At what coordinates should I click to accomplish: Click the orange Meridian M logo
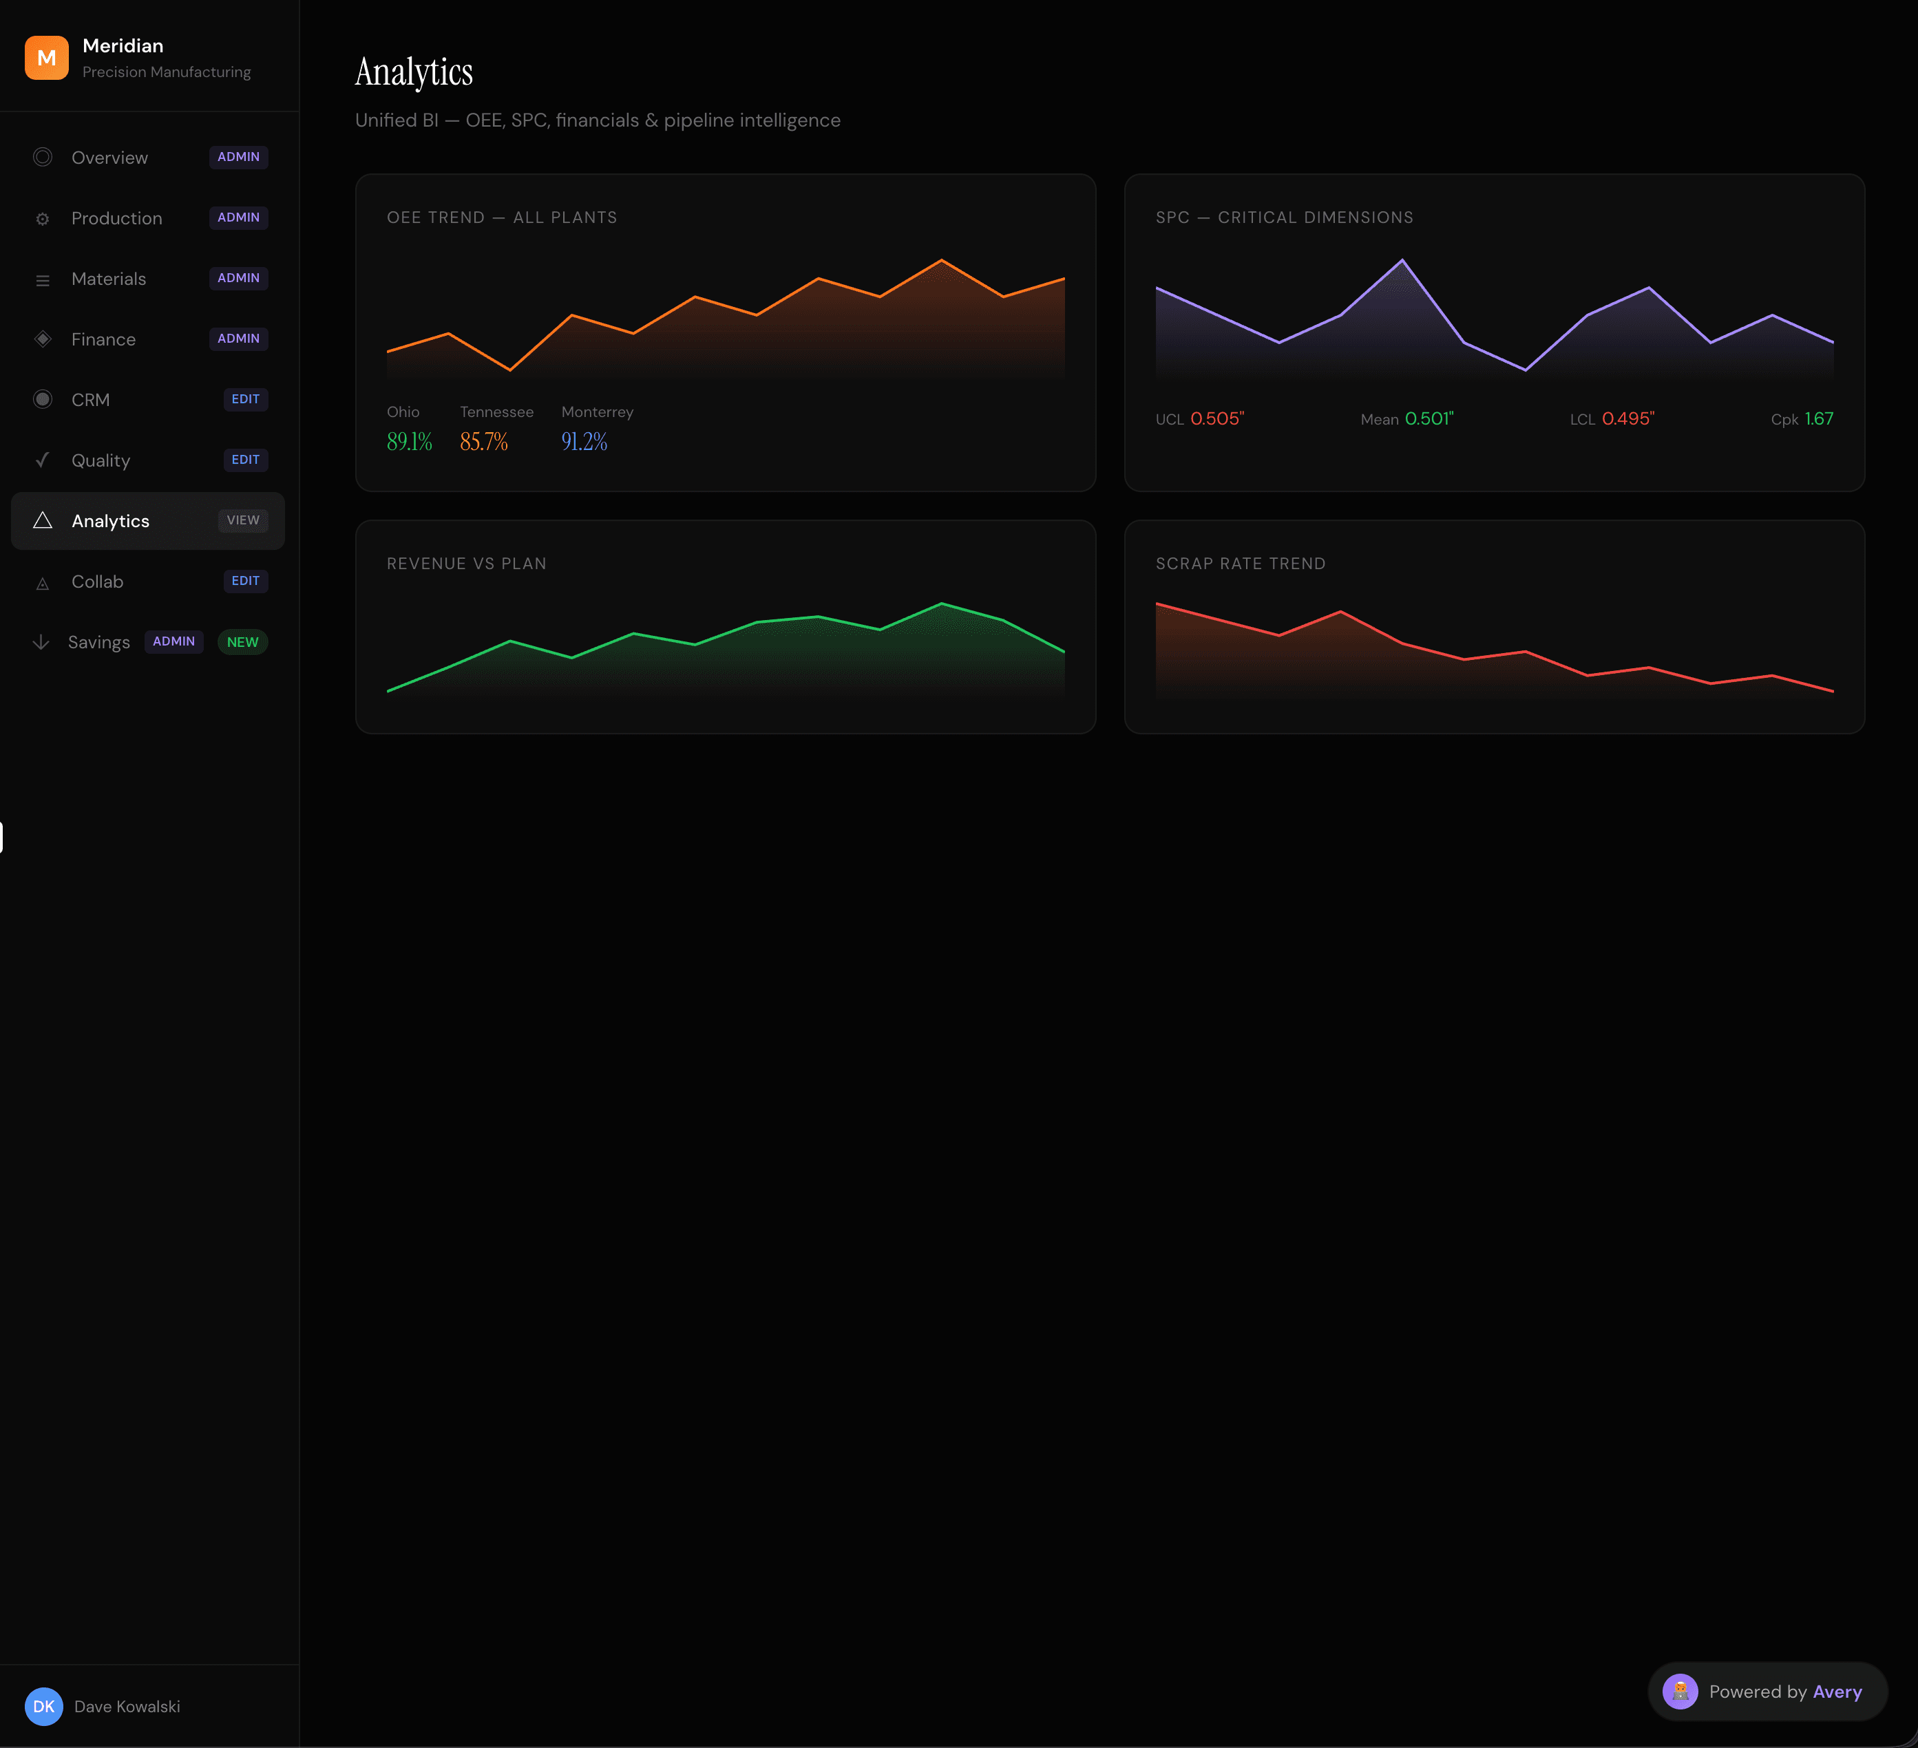45,58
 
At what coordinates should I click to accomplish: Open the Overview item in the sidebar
109,158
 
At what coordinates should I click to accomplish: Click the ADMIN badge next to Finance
238,339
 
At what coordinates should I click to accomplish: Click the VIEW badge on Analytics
242,520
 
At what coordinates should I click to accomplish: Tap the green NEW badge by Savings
242,642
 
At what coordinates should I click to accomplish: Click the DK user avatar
44,1706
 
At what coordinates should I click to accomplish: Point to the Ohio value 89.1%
409,441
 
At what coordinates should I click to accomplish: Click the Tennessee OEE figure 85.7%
483,441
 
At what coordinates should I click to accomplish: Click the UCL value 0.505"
1217,419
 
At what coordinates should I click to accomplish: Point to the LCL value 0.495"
1628,419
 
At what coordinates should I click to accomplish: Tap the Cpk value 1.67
1818,419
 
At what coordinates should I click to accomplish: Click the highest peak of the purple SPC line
1402,261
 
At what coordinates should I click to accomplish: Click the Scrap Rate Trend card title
1240,564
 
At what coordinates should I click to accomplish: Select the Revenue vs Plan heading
466,564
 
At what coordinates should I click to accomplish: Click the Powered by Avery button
1767,1692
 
